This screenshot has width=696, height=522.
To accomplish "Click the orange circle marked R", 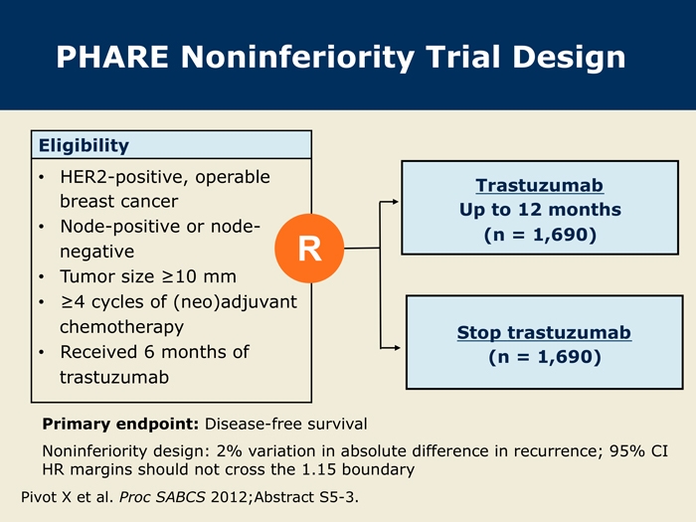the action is tap(309, 249).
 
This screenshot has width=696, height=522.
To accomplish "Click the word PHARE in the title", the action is tap(112, 58).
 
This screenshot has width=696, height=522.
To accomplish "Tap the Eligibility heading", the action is tap(84, 145).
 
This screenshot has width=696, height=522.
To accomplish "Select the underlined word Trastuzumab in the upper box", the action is tap(539, 186).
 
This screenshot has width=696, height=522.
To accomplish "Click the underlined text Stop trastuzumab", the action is tap(544, 332).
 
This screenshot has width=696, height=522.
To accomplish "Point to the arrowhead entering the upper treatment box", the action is tap(396, 202).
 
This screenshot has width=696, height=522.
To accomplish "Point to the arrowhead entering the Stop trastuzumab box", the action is tap(397, 348).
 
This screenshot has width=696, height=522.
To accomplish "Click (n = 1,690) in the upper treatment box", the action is tap(540, 235).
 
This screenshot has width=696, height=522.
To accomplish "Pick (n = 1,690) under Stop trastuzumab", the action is tap(545, 357).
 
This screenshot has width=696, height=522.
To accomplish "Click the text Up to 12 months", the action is tap(540, 210).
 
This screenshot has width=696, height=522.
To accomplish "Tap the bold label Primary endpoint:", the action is tap(120, 424).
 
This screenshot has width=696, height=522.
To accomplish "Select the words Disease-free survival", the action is tap(286, 424).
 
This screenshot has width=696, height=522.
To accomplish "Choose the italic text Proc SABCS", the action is tap(162, 497).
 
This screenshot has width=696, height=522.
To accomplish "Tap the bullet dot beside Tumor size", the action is tap(42, 277).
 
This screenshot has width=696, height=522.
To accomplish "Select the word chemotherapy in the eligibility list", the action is tap(121, 327).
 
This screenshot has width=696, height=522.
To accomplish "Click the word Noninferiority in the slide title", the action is tap(297, 58).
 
